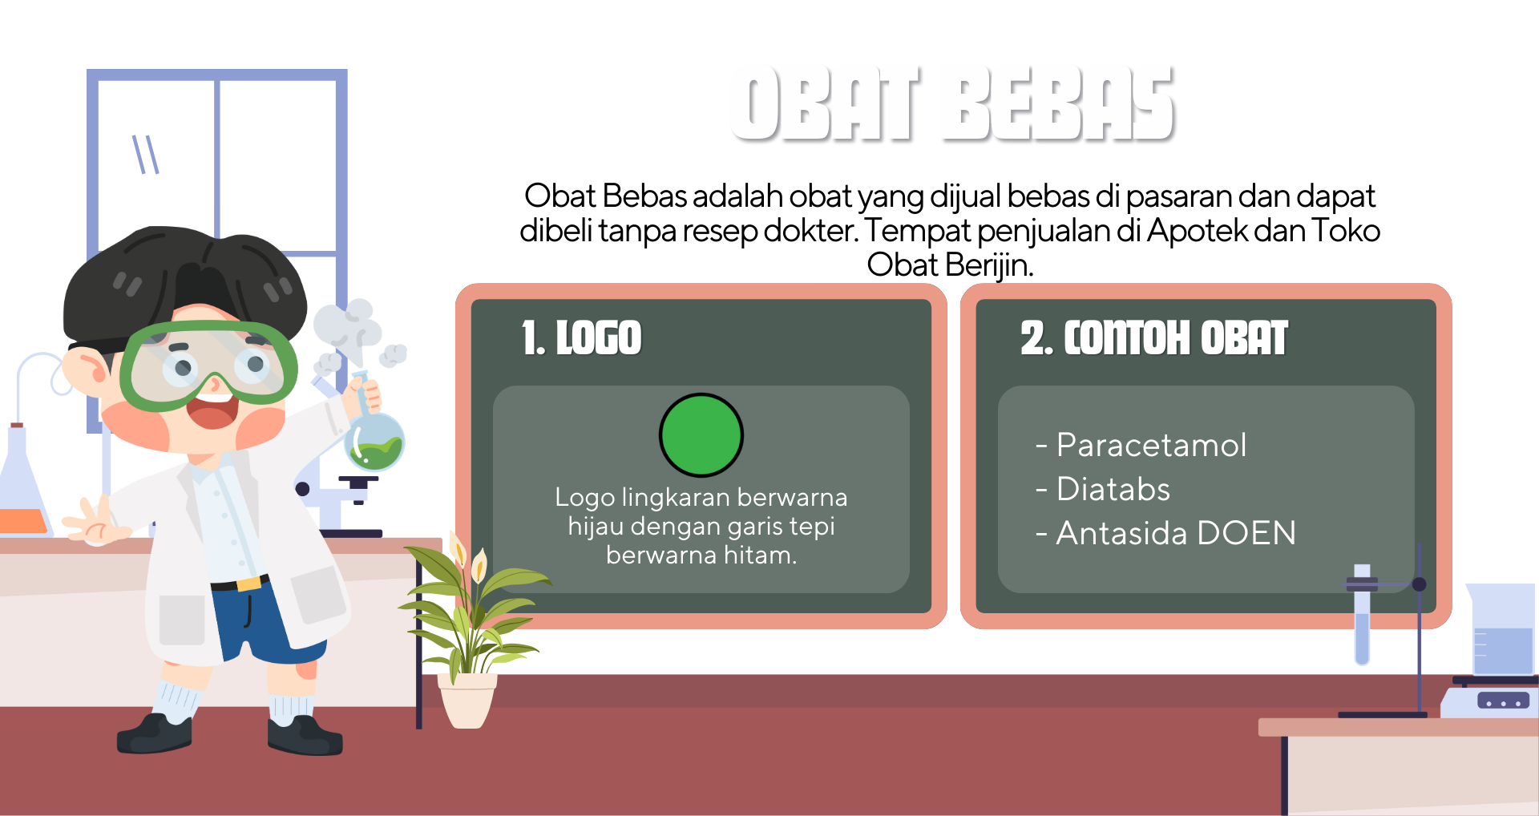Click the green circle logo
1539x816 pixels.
pyautogui.click(x=701, y=435)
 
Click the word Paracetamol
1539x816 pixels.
pyautogui.click(x=1151, y=445)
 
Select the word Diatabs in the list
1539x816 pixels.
pyautogui.click(x=1113, y=489)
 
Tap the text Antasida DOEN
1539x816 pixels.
pyautogui.click(x=1176, y=533)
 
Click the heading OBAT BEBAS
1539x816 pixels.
pyautogui.click(x=952, y=103)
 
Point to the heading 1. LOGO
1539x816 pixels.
pyautogui.click(x=582, y=337)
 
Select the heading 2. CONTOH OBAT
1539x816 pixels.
pyautogui.click(x=1154, y=337)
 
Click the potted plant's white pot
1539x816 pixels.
pyautogui.click(x=467, y=700)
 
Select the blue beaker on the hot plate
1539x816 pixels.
pyautogui.click(x=1501, y=630)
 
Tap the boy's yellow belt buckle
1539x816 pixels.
pyautogui.click(x=249, y=583)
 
